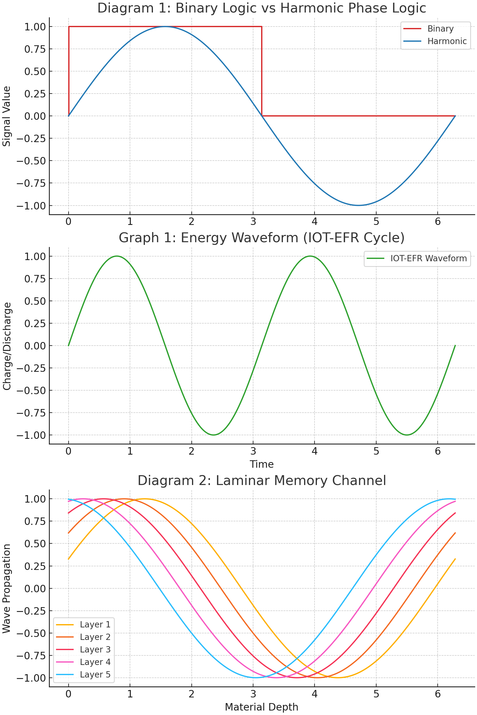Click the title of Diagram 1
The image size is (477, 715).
pos(261,8)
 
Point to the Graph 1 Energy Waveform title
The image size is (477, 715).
pos(261,238)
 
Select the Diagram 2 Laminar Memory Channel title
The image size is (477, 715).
pos(261,481)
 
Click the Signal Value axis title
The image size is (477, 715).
pos(7,116)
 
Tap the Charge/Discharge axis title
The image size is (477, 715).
pos(7,346)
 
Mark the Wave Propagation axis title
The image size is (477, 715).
pos(7,588)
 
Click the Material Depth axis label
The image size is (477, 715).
pos(261,707)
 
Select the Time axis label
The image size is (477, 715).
pos(261,464)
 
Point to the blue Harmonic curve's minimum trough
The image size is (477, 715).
pos(358,206)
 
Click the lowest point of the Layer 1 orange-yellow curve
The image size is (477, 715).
pos(337,677)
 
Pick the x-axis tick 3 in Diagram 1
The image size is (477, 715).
pos(253,222)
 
